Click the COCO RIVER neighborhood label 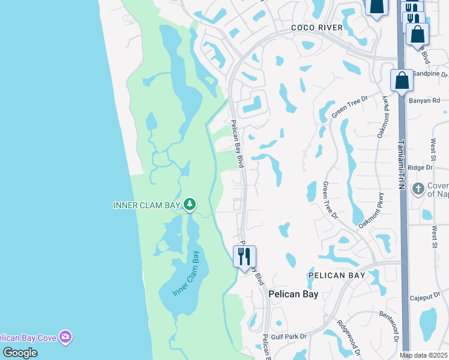tap(316, 28)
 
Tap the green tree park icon tap(190, 205)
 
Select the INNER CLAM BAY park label tap(147, 205)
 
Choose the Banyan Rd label tap(424, 100)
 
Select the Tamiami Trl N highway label tap(400, 165)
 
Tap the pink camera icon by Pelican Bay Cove tap(65, 338)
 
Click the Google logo tap(20, 353)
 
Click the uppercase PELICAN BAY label tap(337, 275)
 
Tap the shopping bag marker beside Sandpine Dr tap(401, 80)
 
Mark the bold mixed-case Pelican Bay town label tap(293, 294)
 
